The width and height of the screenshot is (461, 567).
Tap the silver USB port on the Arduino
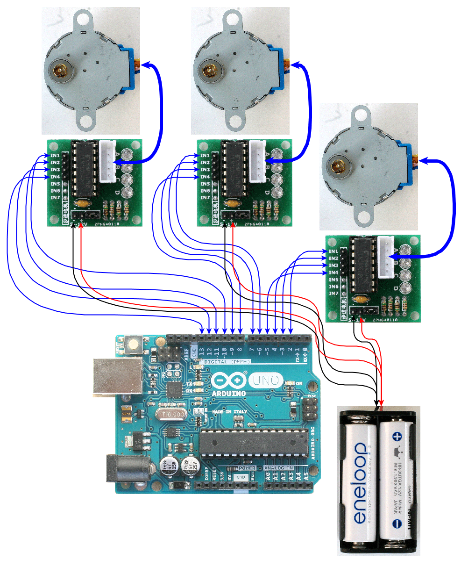click(117, 376)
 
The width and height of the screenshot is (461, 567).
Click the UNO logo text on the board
click(266, 380)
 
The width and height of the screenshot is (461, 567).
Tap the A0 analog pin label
click(268, 476)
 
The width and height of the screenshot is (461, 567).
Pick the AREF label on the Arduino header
click(186, 353)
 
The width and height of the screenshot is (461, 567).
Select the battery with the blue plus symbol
click(396, 481)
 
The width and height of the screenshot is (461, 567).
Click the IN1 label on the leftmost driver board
click(55, 155)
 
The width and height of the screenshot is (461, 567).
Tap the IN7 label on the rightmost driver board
click(333, 294)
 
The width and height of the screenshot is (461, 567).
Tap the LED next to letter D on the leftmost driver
click(127, 192)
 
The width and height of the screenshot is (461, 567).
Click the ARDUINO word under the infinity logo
click(229, 394)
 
